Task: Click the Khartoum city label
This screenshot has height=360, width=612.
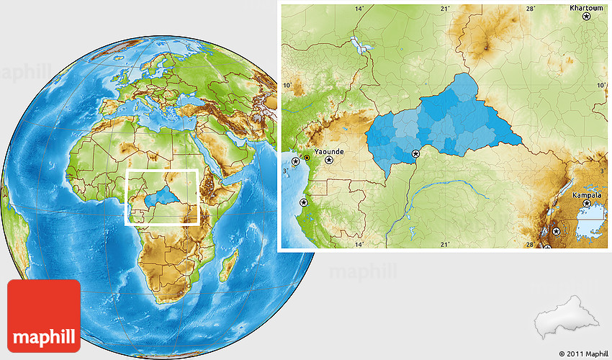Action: tap(586, 8)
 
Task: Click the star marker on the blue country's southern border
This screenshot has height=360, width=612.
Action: tap(415, 153)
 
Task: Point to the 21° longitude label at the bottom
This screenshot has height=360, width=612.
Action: tap(445, 245)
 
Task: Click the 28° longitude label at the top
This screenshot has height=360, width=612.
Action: tap(530, 9)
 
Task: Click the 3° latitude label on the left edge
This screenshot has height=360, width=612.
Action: tap(286, 171)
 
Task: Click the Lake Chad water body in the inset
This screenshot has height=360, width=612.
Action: tap(359, 48)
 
